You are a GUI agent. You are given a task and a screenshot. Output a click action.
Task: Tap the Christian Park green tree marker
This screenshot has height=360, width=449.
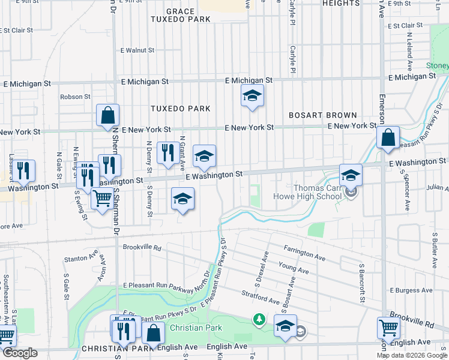tap(259, 319)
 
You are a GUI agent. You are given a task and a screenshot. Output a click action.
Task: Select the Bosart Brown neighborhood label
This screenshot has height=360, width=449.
tap(322, 115)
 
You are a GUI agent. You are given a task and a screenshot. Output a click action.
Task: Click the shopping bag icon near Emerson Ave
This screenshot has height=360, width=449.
tap(388, 137)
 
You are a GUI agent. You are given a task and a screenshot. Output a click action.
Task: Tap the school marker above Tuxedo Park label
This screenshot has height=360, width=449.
tap(253, 95)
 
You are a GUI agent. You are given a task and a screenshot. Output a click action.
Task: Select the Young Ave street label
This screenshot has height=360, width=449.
tap(293, 268)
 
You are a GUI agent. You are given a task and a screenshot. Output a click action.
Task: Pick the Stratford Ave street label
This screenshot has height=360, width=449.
tap(261, 297)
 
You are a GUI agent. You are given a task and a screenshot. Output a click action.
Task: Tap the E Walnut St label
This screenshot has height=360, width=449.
tap(137, 50)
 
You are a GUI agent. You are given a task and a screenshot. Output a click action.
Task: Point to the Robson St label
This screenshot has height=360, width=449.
tap(75, 96)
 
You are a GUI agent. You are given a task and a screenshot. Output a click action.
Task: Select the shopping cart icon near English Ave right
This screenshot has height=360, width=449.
tap(388, 328)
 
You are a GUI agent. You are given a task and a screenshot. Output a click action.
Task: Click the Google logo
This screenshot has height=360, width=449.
tap(19, 353)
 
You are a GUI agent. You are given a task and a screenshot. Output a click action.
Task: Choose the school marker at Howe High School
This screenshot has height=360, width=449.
tap(351, 175)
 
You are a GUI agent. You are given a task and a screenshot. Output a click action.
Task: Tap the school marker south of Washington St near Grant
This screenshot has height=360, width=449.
tap(182, 199)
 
